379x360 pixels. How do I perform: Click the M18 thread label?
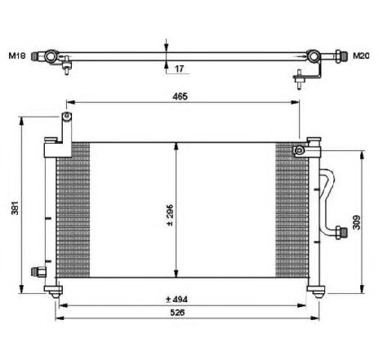point(17,56)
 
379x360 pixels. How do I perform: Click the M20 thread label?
point(361,56)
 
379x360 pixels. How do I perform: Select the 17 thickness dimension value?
point(179,69)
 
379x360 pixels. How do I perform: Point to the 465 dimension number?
point(180,96)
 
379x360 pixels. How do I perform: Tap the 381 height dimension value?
point(15,208)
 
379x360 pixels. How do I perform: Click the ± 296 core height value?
point(169,215)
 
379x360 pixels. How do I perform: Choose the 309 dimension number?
point(356,222)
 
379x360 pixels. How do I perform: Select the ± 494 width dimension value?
point(176,300)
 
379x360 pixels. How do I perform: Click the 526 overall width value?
point(177,313)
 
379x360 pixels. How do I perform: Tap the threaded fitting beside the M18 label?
point(34,56)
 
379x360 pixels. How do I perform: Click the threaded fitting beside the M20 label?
point(341,56)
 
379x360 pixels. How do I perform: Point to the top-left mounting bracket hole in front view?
point(66,116)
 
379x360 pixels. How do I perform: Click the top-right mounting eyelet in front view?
point(299,150)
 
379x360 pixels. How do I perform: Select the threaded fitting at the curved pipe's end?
point(341,233)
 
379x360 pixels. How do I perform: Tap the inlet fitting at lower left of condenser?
point(38,272)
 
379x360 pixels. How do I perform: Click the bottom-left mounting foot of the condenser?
point(54,291)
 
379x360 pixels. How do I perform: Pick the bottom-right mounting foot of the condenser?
point(316,291)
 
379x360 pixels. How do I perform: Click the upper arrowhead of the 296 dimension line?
point(176,146)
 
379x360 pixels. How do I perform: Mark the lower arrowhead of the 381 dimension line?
point(21,289)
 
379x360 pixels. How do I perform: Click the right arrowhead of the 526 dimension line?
point(315,318)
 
